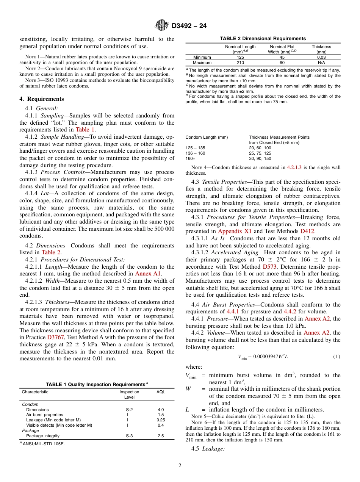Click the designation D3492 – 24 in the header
(x=189, y=26)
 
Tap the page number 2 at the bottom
(x=180, y=466)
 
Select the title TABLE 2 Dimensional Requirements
(x=263, y=39)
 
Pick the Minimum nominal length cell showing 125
(x=240, y=58)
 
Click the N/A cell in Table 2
(x=321, y=63)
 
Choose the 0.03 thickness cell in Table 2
(x=321, y=58)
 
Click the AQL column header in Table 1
(x=161, y=392)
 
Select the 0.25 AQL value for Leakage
(x=161, y=420)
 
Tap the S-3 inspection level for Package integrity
(x=129, y=436)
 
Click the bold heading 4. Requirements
(x=42, y=99)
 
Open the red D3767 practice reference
(x=55, y=337)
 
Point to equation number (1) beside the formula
(x=336, y=357)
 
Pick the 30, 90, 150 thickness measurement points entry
(x=260, y=158)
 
